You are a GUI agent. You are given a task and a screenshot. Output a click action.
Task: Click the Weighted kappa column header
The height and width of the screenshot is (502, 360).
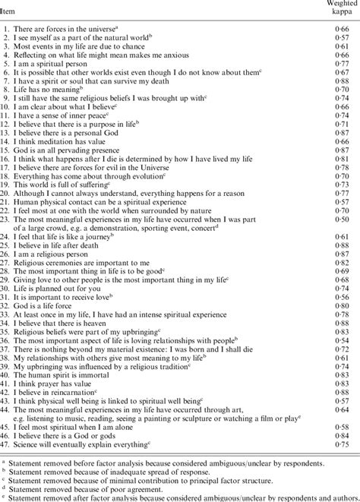(336, 8)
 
